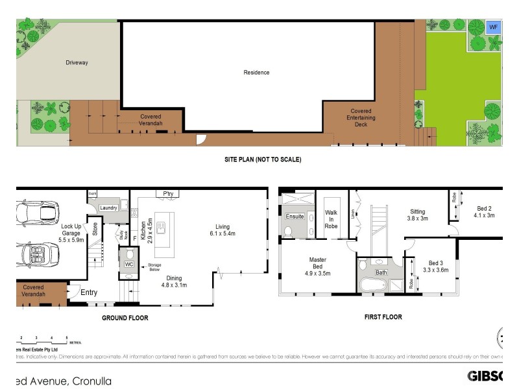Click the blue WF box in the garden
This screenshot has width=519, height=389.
493,27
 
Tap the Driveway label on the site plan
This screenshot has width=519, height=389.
77,63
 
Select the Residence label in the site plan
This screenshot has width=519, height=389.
256,73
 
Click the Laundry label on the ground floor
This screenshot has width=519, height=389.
108,207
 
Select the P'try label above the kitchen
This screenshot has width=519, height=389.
169,193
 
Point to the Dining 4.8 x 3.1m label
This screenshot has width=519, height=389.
173,281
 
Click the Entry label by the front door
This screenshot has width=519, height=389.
89,293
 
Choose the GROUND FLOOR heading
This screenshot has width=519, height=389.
125,318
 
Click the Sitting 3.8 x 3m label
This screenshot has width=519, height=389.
417,215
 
